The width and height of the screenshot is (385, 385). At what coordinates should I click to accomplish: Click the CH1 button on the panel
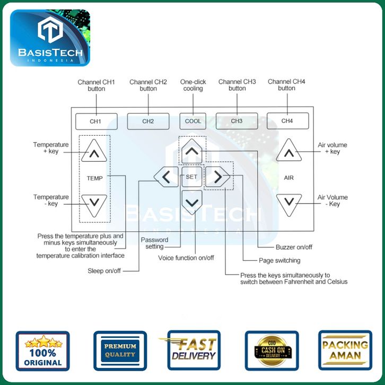95,121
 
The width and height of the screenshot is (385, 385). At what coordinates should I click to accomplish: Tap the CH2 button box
148,121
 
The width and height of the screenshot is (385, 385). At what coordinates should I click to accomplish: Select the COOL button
192,121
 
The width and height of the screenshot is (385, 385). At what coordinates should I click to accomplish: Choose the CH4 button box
287,121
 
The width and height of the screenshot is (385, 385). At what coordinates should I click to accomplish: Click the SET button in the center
191,177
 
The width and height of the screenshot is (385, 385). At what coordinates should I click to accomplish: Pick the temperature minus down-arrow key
94,204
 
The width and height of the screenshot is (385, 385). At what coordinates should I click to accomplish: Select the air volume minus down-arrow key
288,203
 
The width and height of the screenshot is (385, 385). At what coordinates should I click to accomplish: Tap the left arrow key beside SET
167,177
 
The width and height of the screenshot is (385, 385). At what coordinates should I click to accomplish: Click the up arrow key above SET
192,151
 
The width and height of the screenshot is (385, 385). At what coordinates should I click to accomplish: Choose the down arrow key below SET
192,202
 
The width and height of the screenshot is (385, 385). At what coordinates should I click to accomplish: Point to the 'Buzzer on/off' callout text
294,247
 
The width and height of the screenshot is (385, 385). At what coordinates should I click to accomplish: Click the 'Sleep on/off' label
104,270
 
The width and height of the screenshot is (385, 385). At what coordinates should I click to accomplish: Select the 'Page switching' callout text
279,260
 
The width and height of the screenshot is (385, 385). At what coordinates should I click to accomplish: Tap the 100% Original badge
42,351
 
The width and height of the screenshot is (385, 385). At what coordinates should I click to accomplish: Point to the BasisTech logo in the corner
50,38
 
